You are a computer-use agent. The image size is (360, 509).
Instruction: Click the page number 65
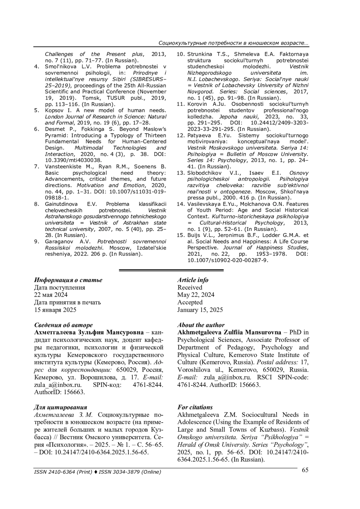pyautogui.click(x=305, y=470)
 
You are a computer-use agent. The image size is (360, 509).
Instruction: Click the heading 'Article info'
pyautogui.click(x=193, y=280)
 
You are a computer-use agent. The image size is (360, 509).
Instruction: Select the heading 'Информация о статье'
pyautogui.click(x=68, y=280)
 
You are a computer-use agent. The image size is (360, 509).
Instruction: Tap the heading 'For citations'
pyautogui.click(x=195, y=407)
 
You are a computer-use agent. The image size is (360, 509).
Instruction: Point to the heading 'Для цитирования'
pyautogui.click(x=61, y=407)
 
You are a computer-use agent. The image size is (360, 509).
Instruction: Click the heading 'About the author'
pyautogui.click(x=201, y=325)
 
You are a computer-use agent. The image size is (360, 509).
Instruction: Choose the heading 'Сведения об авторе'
pyautogui.click(x=63, y=325)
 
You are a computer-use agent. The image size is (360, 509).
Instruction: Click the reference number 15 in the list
pyautogui.click(x=180, y=235)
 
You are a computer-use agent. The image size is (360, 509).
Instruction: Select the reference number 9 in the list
pyautogui.click(x=37, y=241)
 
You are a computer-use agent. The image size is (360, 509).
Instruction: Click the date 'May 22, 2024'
pyautogui.click(x=196, y=295)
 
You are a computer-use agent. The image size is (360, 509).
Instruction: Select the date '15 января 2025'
pyautogui.click(x=55, y=310)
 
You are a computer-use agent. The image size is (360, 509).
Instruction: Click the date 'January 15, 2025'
pyautogui.click(x=200, y=310)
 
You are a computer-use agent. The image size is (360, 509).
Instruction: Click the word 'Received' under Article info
pyautogui.click(x=190, y=287)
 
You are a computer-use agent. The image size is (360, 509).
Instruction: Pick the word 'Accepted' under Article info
pyautogui.click(x=190, y=302)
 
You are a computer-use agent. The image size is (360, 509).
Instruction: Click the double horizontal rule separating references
pyautogui.click(x=171, y=271)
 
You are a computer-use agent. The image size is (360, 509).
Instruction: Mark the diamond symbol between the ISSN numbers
pyautogui.click(x=96, y=472)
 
